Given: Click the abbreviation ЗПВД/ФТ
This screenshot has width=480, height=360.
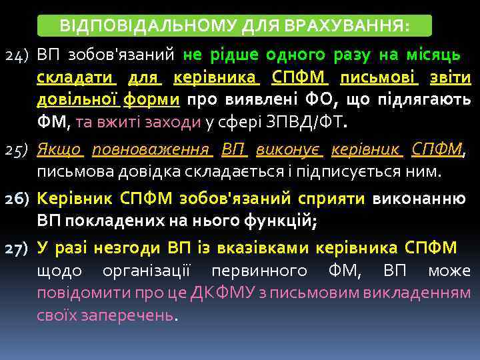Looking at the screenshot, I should [x=317, y=123].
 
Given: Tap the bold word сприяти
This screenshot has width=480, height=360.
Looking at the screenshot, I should [x=333, y=198].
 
